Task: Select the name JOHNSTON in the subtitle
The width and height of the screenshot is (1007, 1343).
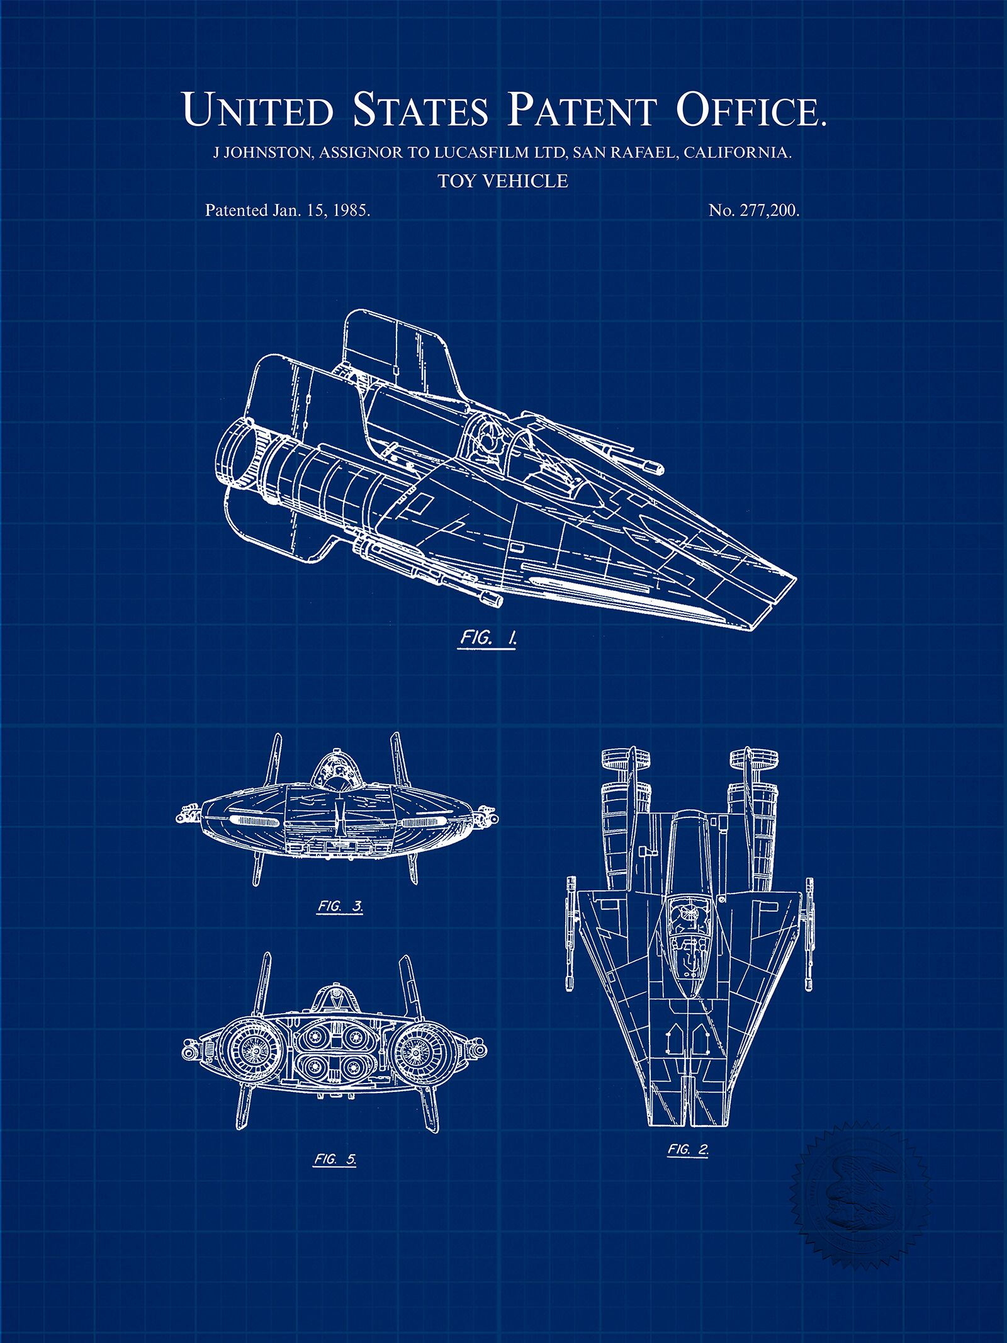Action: coord(268,152)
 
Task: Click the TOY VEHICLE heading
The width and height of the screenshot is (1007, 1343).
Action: coord(503,181)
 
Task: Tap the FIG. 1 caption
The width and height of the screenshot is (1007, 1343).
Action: coord(488,639)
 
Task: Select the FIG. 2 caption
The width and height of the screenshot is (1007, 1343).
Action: coord(688,1149)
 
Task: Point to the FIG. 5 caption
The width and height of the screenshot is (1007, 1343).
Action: coord(334,1159)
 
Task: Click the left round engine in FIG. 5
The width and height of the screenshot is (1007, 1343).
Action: coord(255,1051)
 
